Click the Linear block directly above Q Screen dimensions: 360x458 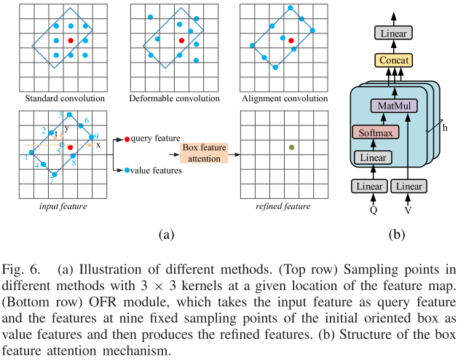tap(371, 187)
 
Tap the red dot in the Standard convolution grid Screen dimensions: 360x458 tap(71, 39)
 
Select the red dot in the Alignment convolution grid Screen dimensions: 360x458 tap(291, 40)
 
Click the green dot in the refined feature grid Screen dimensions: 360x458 tap(291, 147)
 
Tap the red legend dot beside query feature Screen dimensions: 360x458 tap(127, 138)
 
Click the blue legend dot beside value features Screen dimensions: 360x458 tap(127, 170)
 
